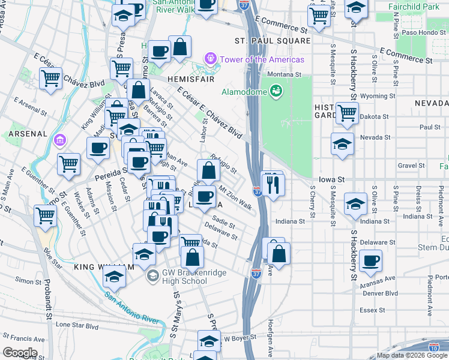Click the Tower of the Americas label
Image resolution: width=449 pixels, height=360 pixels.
[x=262, y=59]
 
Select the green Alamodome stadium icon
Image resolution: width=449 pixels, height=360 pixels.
[x=276, y=91]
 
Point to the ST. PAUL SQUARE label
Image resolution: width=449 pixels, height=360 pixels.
[x=273, y=41]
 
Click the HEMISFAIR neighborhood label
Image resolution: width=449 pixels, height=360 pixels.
[x=174, y=79]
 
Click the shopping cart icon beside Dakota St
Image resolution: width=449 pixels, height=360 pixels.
[x=348, y=112]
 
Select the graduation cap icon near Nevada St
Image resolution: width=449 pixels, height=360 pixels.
[x=342, y=144]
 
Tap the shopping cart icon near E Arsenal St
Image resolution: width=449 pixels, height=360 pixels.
[x=51, y=77]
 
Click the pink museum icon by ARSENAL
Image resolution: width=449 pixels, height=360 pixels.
[x=59, y=141]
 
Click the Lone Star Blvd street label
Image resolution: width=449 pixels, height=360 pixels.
[x=77, y=325]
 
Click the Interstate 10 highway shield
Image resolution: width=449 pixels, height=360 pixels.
[x=433, y=347]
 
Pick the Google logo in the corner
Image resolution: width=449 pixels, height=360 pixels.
[x=20, y=352]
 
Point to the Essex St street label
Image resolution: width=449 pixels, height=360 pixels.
[x=372, y=310]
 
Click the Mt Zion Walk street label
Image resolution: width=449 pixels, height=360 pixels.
[x=235, y=197]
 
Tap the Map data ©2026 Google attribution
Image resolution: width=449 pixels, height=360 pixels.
[x=412, y=355]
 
